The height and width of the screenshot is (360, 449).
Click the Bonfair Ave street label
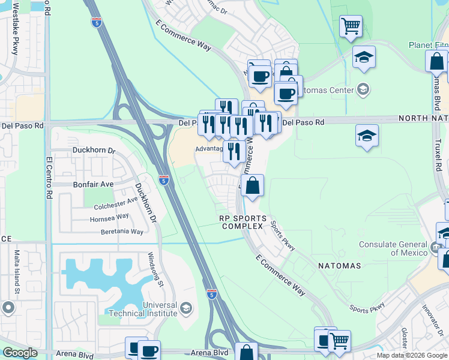click(x=93, y=185)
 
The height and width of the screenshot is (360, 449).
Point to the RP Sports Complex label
click(x=242, y=223)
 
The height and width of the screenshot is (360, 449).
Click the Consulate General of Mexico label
click(x=394, y=248)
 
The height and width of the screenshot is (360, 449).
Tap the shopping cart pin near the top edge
click(x=351, y=26)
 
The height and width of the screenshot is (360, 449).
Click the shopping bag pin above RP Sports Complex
click(x=253, y=186)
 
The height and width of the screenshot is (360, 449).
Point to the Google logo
click(x=20, y=353)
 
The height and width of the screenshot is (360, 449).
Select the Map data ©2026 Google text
click(x=412, y=355)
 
